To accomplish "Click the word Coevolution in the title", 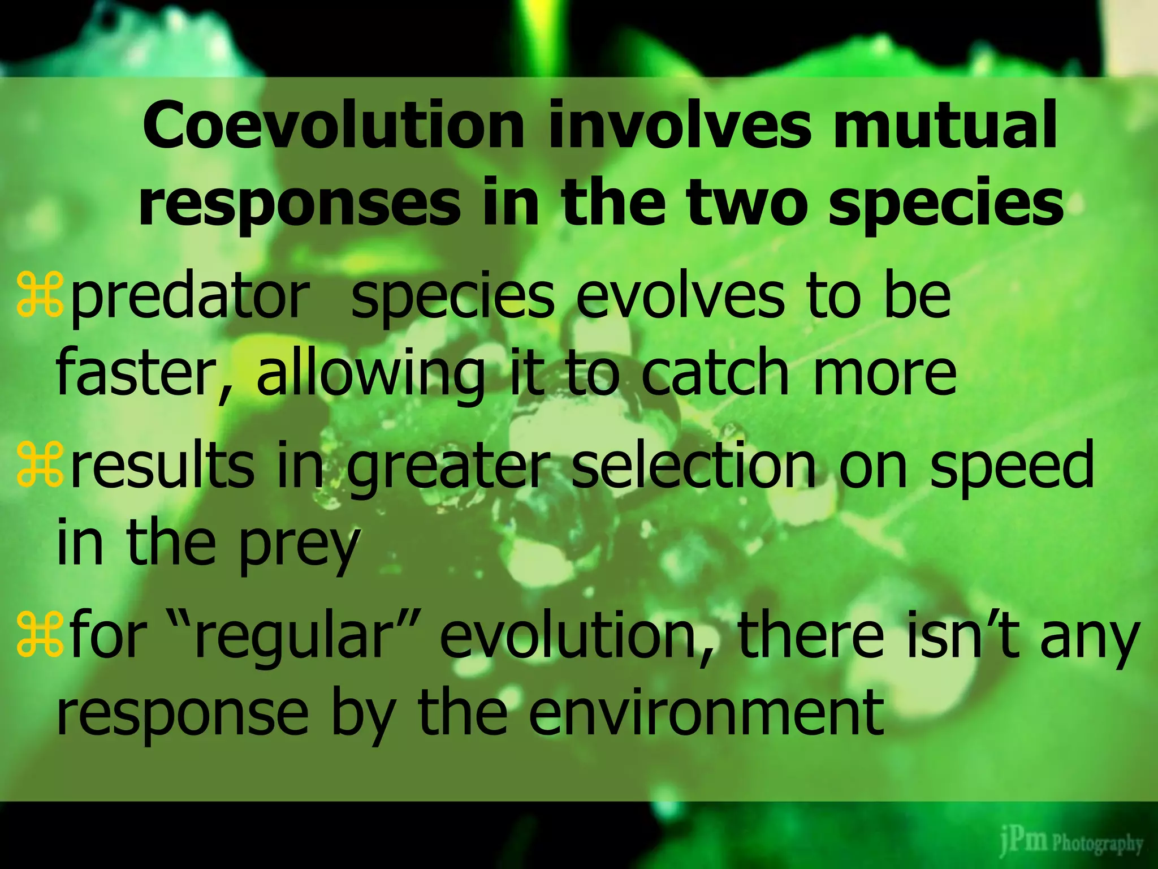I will (x=334, y=126).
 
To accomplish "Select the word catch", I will (x=715, y=373).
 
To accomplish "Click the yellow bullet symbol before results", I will (x=39, y=465).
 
